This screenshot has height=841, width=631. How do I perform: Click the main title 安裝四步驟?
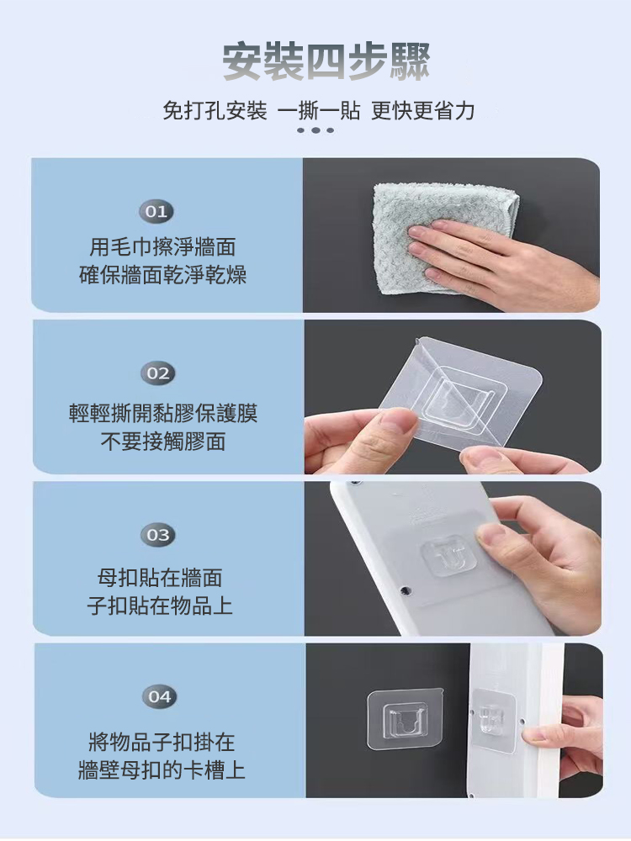point(326,62)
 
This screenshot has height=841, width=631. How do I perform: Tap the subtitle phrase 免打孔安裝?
point(215,110)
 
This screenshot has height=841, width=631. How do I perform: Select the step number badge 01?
point(157,212)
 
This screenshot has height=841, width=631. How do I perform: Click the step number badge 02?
point(157,373)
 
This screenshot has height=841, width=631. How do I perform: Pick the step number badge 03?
point(157,535)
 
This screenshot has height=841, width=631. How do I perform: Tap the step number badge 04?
point(159,697)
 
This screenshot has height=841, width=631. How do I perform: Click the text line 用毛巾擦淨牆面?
point(163,247)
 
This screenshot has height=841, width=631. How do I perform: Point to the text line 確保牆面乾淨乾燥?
point(163,275)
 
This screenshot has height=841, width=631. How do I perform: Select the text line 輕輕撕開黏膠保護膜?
point(163,413)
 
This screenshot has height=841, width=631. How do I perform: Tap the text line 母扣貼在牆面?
point(160,577)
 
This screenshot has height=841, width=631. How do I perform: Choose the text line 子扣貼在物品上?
point(160,605)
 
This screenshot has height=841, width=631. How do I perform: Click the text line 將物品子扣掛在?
point(162,742)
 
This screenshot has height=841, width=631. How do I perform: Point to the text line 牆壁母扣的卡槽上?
point(162,770)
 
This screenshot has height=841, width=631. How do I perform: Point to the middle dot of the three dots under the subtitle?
point(315,130)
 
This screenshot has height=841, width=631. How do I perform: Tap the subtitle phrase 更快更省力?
point(423,110)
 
